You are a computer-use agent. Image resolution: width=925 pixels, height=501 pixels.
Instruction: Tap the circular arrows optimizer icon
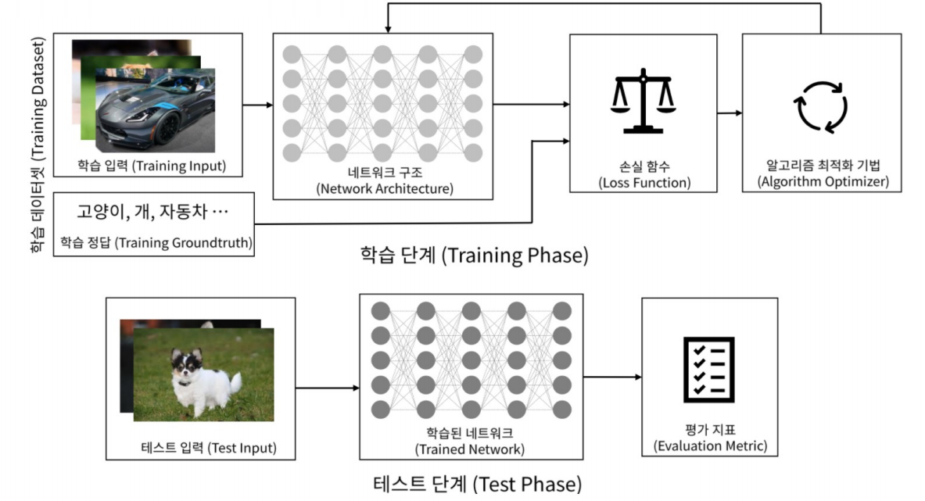820,106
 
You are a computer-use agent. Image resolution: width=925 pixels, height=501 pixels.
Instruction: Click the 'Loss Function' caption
644,183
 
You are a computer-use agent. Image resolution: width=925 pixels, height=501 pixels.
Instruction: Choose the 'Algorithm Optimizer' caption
822,182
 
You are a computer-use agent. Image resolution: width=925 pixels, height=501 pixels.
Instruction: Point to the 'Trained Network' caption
469,449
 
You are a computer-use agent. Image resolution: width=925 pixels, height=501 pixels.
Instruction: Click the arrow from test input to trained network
328,387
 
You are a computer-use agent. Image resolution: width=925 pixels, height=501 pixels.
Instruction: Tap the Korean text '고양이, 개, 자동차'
152,212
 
